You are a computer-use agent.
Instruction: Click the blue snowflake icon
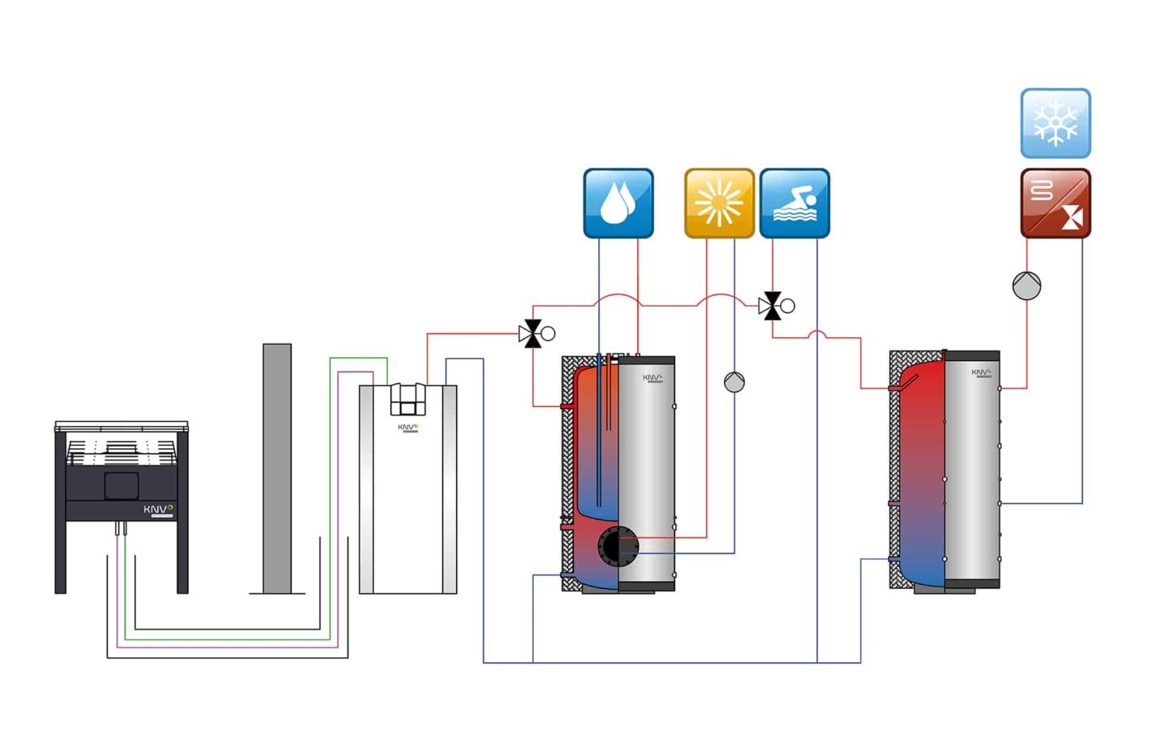click(x=1055, y=124)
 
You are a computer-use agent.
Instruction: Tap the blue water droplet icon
click(x=618, y=203)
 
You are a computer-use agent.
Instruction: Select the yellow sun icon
click(x=719, y=203)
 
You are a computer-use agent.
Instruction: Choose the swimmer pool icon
click(x=795, y=203)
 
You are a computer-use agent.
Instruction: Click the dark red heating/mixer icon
click(x=1055, y=203)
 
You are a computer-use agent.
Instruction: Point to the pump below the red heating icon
click(x=1027, y=286)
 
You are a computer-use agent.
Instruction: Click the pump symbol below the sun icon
click(x=735, y=382)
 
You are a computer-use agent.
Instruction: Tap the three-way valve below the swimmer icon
click(x=772, y=306)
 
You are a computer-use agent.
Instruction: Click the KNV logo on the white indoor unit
click(x=408, y=428)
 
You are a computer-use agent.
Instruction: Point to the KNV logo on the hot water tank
click(x=653, y=378)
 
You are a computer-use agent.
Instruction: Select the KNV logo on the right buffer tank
click(x=981, y=372)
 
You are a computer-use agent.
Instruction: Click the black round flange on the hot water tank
click(x=617, y=546)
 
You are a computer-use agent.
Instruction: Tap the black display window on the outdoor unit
click(x=121, y=485)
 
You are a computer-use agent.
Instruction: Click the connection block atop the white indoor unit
click(x=408, y=399)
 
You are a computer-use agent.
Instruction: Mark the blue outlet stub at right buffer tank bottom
click(x=894, y=558)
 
